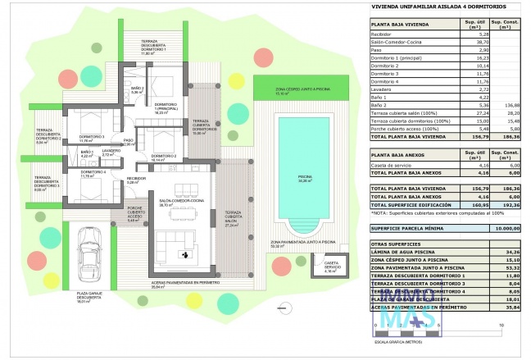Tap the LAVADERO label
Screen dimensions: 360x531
[x=111, y=151]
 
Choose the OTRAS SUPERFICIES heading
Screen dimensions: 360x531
[x=390, y=244]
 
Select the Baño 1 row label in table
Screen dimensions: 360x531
[x=379, y=98]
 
